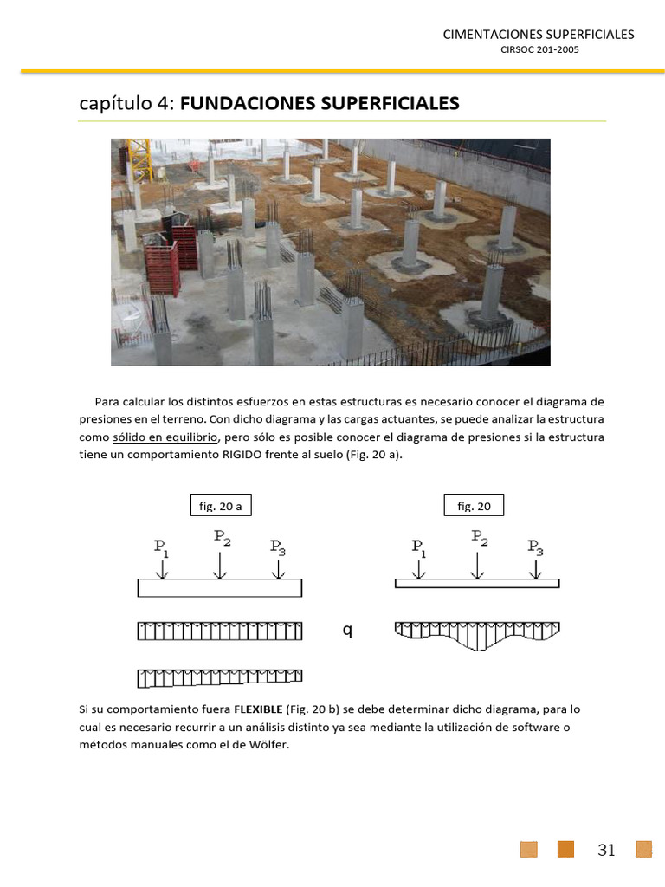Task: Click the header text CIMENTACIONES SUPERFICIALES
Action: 538,35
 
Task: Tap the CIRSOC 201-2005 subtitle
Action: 539,50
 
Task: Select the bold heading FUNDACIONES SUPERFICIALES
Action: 320,104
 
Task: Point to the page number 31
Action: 606,850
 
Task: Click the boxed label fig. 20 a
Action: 220,506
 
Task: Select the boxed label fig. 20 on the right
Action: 474,506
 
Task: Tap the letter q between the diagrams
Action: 347,631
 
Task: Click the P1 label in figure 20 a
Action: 162,547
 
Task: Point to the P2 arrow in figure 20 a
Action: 221,564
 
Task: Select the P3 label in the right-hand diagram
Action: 536,547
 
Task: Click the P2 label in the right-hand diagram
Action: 479,536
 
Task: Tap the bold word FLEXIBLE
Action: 258,709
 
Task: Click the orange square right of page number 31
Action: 643,849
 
